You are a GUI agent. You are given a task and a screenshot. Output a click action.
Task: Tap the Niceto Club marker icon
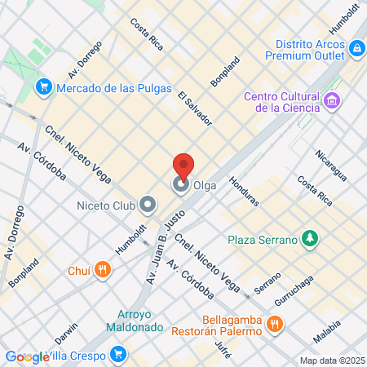148,204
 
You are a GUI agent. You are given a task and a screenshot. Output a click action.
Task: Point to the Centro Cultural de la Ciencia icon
331,101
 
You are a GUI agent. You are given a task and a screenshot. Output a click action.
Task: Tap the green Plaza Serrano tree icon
309,239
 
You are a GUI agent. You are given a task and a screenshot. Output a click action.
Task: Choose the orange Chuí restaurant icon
102,269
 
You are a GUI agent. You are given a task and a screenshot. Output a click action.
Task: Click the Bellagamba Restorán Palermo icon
275,325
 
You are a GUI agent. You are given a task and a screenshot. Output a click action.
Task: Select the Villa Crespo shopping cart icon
119,355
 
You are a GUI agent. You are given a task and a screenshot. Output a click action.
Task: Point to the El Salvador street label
195,108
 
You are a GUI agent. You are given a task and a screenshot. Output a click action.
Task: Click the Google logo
26,356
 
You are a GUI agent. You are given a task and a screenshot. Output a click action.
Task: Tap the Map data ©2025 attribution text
332,360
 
